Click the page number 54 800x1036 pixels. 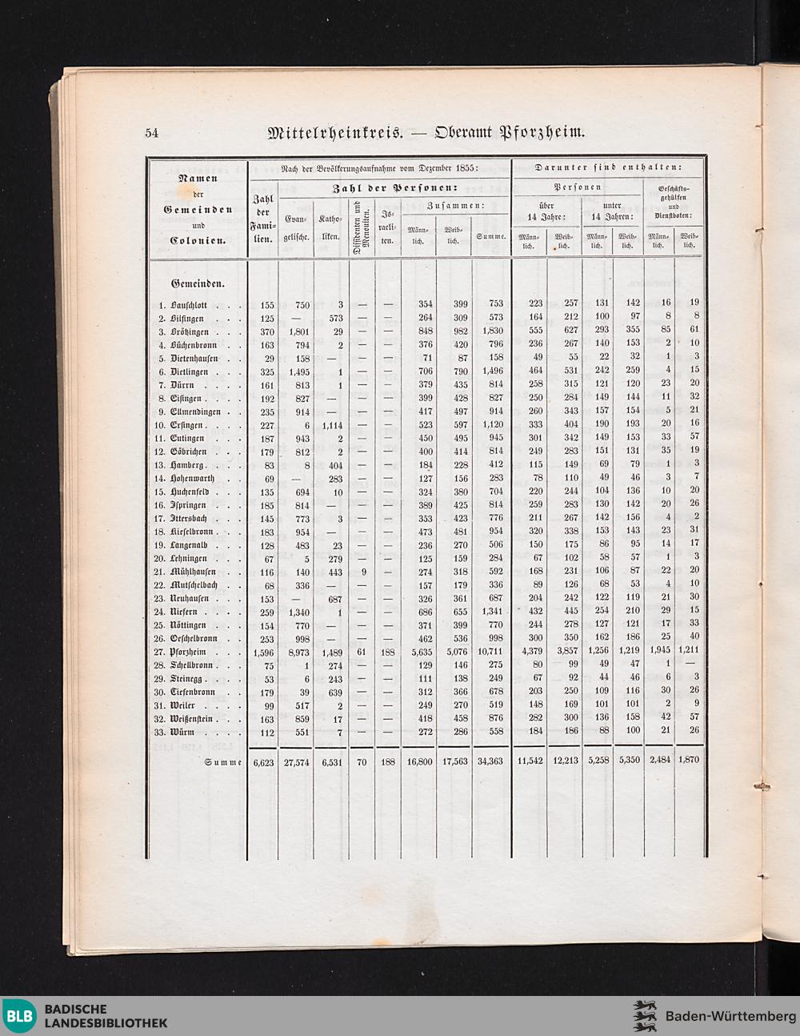click(152, 133)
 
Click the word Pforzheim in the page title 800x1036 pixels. click(542, 132)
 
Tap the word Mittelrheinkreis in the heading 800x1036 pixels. click(335, 132)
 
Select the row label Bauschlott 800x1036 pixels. click(189, 304)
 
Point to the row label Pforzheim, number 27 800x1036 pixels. click(187, 652)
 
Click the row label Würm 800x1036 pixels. click(182, 732)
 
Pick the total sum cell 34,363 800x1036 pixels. click(489, 761)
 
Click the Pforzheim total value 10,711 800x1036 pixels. click(489, 652)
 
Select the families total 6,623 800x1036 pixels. click(263, 761)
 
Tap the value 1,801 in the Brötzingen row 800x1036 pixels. click(297, 331)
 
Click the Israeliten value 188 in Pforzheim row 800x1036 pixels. click(387, 652)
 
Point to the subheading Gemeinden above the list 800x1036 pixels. click(197, 283)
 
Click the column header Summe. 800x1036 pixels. click(490, 237)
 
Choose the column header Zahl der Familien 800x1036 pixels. click(263, 218)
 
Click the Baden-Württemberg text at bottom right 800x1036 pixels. click(730, 1016)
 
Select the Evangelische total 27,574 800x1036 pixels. click(297, 761)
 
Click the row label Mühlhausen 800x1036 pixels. click(194, 572)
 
